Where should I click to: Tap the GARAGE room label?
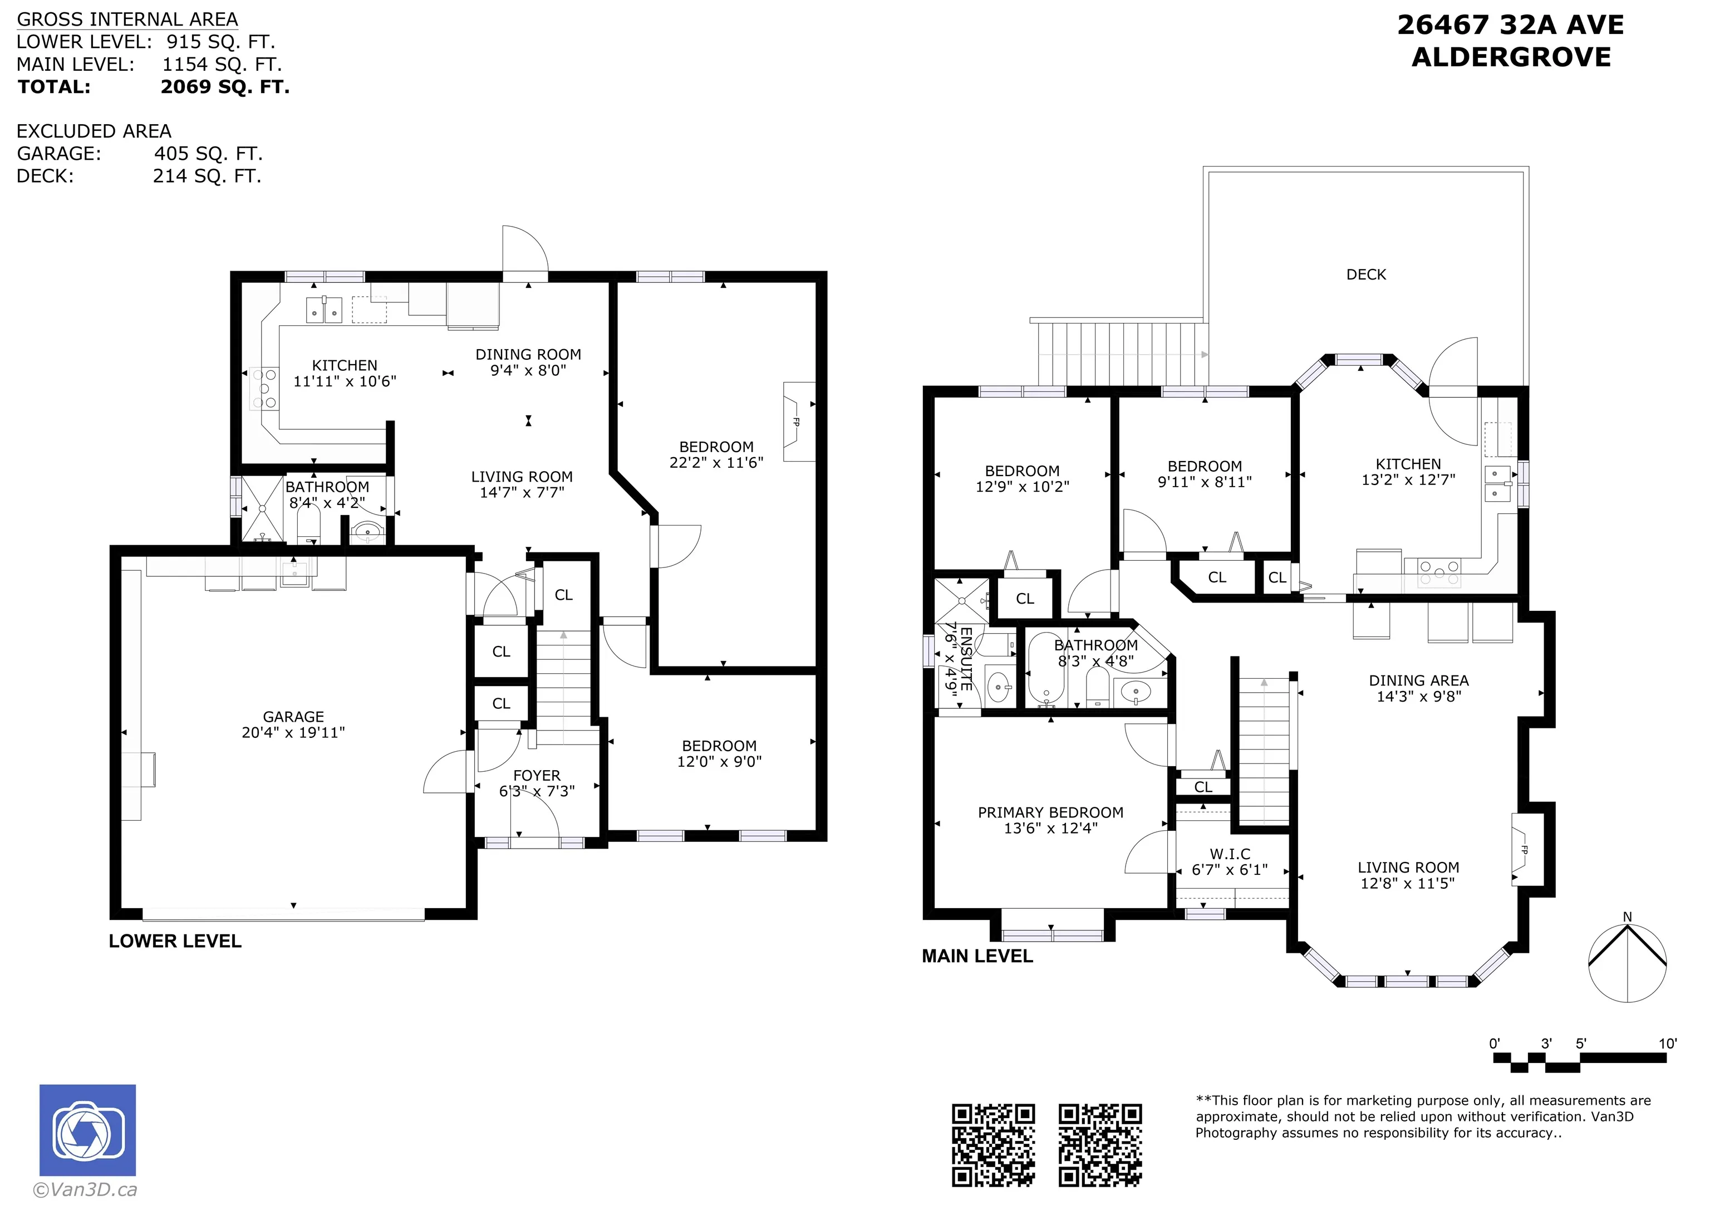293,716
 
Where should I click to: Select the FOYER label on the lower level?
536,775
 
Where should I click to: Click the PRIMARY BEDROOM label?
1050,812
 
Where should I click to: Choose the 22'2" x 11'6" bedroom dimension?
716,462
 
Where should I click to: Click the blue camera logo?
88,1130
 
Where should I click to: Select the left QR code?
994,1145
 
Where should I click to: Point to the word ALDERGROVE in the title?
1511,57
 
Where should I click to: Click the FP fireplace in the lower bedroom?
798,421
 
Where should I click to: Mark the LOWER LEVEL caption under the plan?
175,941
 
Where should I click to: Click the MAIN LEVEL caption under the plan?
977,956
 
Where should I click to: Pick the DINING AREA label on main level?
1418,680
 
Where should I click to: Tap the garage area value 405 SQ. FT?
209,154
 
